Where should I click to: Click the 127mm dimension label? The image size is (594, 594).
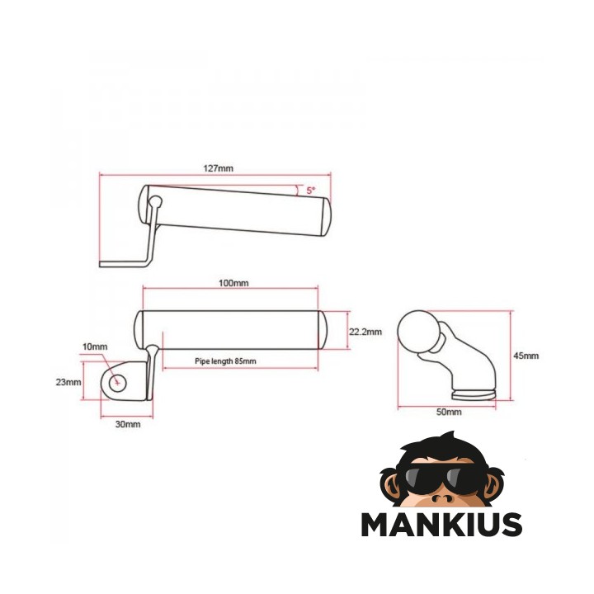pos(218,167)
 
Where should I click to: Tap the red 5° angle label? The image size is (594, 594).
pos(311,191)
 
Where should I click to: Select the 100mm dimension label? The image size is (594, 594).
pos(233,283)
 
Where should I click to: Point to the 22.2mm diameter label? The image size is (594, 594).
pos(365,332)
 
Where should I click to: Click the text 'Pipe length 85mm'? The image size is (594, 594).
pos(225,361)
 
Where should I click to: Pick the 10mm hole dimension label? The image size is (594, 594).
pos(95,346)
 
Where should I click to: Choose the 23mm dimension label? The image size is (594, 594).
pos(68,382)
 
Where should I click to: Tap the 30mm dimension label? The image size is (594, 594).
pos(128,424)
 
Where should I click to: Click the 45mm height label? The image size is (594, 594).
pos(526,356)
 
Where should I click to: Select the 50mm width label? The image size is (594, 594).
pos(449,412)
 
